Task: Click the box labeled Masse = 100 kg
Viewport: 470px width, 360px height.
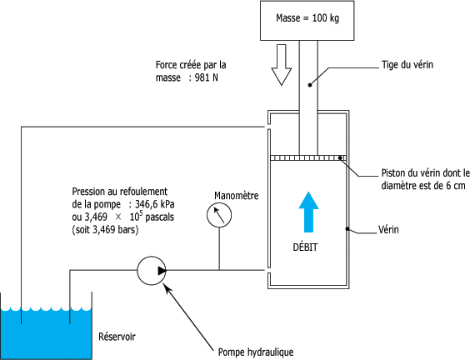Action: coord(307,21)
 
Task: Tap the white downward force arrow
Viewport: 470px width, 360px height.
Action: coord(282,65)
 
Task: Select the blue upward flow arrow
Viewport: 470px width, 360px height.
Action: coord(308,212)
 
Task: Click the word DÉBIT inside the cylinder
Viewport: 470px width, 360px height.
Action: coord(305,247)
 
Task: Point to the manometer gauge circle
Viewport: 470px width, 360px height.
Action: coord(219,215)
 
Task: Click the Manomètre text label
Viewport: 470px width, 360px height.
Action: coord(236,196)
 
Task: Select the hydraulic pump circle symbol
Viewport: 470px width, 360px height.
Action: coord(152,270)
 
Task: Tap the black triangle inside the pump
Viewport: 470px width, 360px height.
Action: coord(162,271)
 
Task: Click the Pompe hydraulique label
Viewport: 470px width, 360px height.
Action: coord(256,352)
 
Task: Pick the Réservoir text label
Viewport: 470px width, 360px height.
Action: coord(117,337)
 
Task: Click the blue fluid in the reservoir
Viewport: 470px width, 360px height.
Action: coord(46,333)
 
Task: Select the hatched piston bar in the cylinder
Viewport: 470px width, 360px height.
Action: coord(308,158)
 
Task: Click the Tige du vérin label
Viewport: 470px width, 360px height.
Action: coord(407,65)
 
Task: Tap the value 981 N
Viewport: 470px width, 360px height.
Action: coord(206,77)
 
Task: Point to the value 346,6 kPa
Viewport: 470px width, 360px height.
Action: coord(155,204)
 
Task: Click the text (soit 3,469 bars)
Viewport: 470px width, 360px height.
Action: coord(105,230)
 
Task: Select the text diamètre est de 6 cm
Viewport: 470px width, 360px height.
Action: coord(423,186)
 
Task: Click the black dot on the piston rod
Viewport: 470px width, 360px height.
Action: coord(310,85)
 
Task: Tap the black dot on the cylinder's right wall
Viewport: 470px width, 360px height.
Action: coord(347,229)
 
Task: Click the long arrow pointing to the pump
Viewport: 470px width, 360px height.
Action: coord(189,317)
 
